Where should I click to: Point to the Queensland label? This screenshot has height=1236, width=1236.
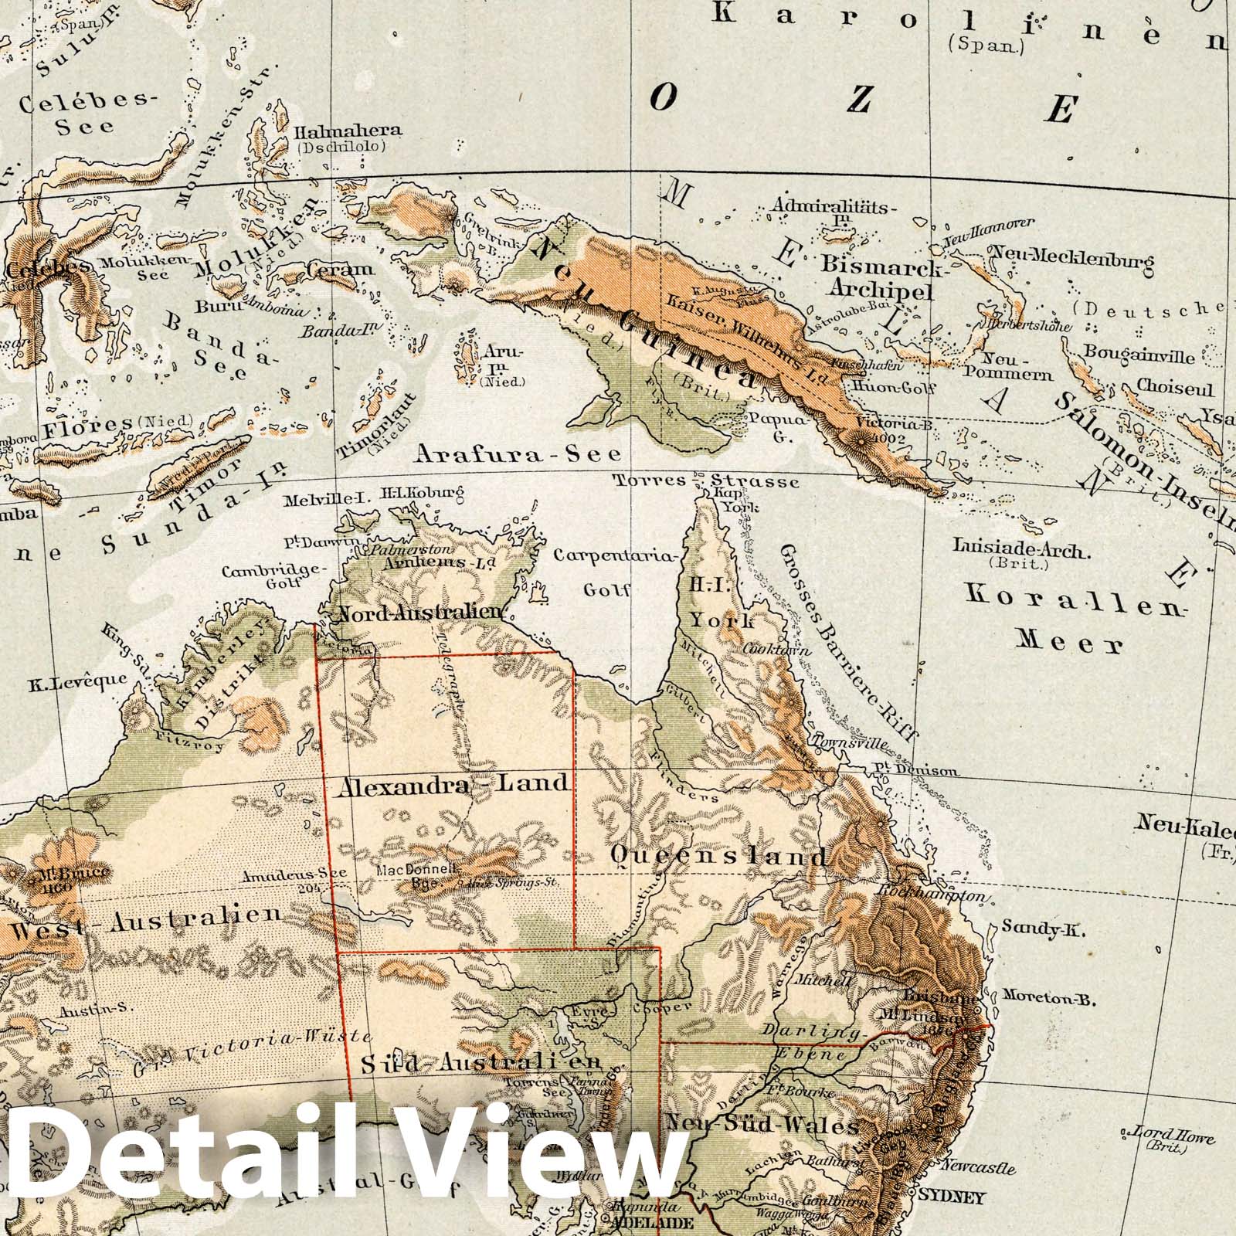click(x=718, y=857)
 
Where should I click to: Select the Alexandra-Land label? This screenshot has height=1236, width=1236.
click(x=453, y=784)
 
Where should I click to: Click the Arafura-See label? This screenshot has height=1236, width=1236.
click(x=518, y=453)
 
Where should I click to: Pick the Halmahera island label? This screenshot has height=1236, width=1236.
click(x=348, y=131)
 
